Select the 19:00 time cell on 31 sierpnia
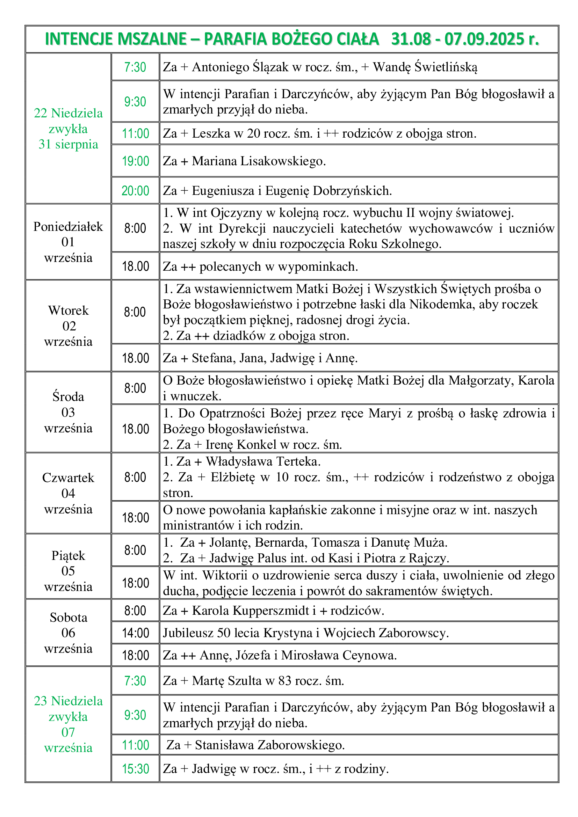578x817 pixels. [135, 161]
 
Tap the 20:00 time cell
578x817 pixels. [135, 191]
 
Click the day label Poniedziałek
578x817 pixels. [68, 227]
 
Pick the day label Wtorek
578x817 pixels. [68, 311]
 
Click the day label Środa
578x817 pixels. [68, 397]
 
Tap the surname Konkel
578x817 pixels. [256, 444]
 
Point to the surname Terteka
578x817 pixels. [298, 461]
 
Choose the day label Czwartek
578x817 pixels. [68, 478]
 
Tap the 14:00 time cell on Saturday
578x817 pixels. [135, 633]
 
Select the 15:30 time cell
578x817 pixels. [135, 769]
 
